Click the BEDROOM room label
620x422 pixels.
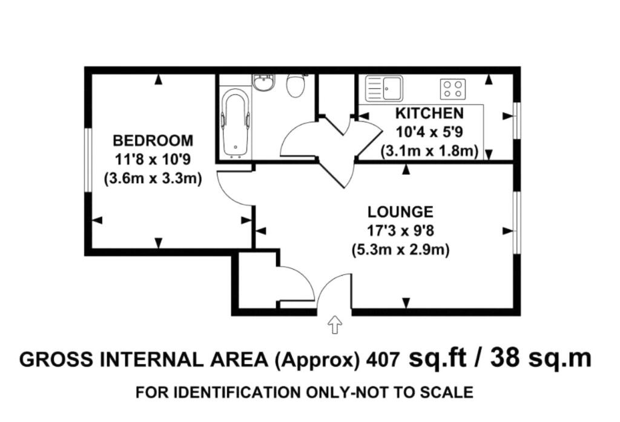coord(153,140)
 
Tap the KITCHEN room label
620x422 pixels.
coord(429,113)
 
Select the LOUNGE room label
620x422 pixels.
coord(401,212)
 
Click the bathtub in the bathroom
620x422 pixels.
coord(236,124)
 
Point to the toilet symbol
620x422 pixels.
coord(295,86)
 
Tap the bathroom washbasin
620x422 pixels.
coord(262,83)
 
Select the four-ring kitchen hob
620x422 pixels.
coord(453,89)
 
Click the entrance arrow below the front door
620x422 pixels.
coord(335,325)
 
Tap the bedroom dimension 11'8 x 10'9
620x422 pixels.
coord(153,160)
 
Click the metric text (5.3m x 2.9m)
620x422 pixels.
coord(401,250)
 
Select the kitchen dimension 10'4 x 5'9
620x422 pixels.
coord(429,132)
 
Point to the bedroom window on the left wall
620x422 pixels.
coord(88,160)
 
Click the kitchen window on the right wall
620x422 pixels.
coord(516,120)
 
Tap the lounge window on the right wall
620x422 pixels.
coord(516,222)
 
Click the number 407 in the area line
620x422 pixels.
coord(383,360)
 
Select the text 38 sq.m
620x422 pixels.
coord(541,359)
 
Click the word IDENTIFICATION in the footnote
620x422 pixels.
coord(237,392)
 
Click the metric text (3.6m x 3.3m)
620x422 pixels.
coord(153,178)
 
